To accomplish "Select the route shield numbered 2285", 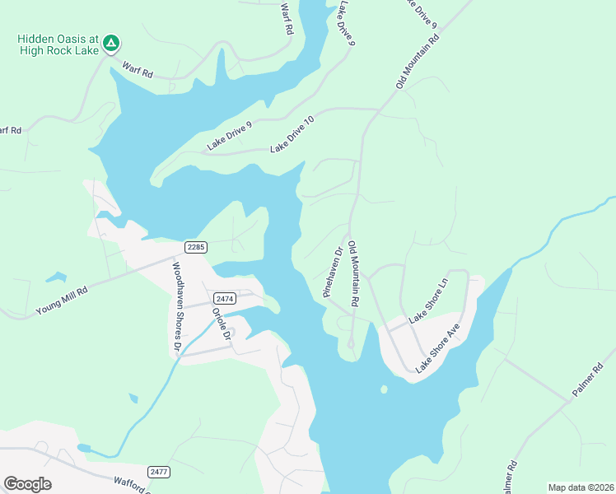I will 195,247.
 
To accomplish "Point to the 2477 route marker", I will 159,472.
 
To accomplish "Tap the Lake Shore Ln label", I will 429,300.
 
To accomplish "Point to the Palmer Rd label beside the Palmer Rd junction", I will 588,379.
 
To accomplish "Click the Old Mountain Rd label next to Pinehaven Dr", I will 352,274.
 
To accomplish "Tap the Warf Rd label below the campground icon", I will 138,71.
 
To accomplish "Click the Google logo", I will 27,484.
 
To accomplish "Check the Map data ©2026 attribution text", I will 581,487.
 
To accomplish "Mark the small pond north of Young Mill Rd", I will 55,277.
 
